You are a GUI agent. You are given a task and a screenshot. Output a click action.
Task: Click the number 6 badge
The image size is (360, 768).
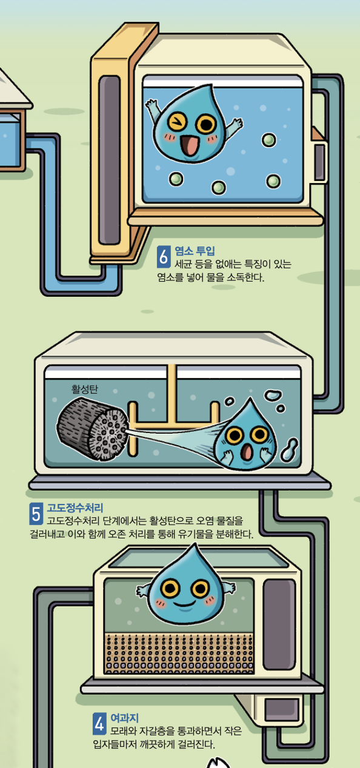[x=164, y=257]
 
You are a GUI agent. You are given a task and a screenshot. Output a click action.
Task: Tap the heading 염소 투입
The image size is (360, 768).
[x=195, y=251]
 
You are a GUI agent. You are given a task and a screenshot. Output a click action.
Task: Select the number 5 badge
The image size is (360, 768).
[x=36, y=514]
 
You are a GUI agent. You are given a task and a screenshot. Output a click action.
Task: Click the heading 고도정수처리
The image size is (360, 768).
[x=75, y=508]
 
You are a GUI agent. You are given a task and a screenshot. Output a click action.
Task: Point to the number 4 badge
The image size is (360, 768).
[x=99, y=724]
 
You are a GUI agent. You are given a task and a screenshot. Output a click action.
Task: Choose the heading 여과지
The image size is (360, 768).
[x=124, y=718]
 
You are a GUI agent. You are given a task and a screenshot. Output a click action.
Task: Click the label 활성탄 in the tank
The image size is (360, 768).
[x=84, y=389]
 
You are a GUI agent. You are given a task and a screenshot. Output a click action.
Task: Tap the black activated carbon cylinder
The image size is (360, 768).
[x=92, y=428]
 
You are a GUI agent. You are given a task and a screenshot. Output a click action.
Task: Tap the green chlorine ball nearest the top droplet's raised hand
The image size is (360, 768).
[x=268, y=140]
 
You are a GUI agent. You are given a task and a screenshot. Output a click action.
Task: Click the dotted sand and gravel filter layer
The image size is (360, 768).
[x=179, y=654]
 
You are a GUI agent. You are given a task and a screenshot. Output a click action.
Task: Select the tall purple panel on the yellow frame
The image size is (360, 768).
[x=110, y=160]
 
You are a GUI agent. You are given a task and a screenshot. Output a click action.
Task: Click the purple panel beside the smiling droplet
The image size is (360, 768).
[x=279, y=624]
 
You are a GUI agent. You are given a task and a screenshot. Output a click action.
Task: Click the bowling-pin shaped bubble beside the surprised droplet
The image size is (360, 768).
[x=289, y=449]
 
